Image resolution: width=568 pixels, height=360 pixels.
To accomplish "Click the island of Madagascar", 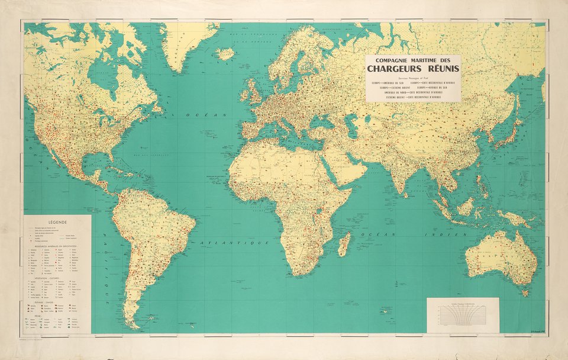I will pyautogui.click(x=344, y=244).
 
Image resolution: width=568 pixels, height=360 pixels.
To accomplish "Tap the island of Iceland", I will pyautogui.click(x=225, y=54).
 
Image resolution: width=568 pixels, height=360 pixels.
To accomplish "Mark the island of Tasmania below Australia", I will pyautogui.click(x=523, y=291).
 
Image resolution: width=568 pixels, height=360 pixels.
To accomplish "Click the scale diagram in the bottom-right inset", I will pyautogui.click(x=463, y=315).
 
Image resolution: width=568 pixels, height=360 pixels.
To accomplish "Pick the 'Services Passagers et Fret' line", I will pyautogui.click(x=413, y=80).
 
